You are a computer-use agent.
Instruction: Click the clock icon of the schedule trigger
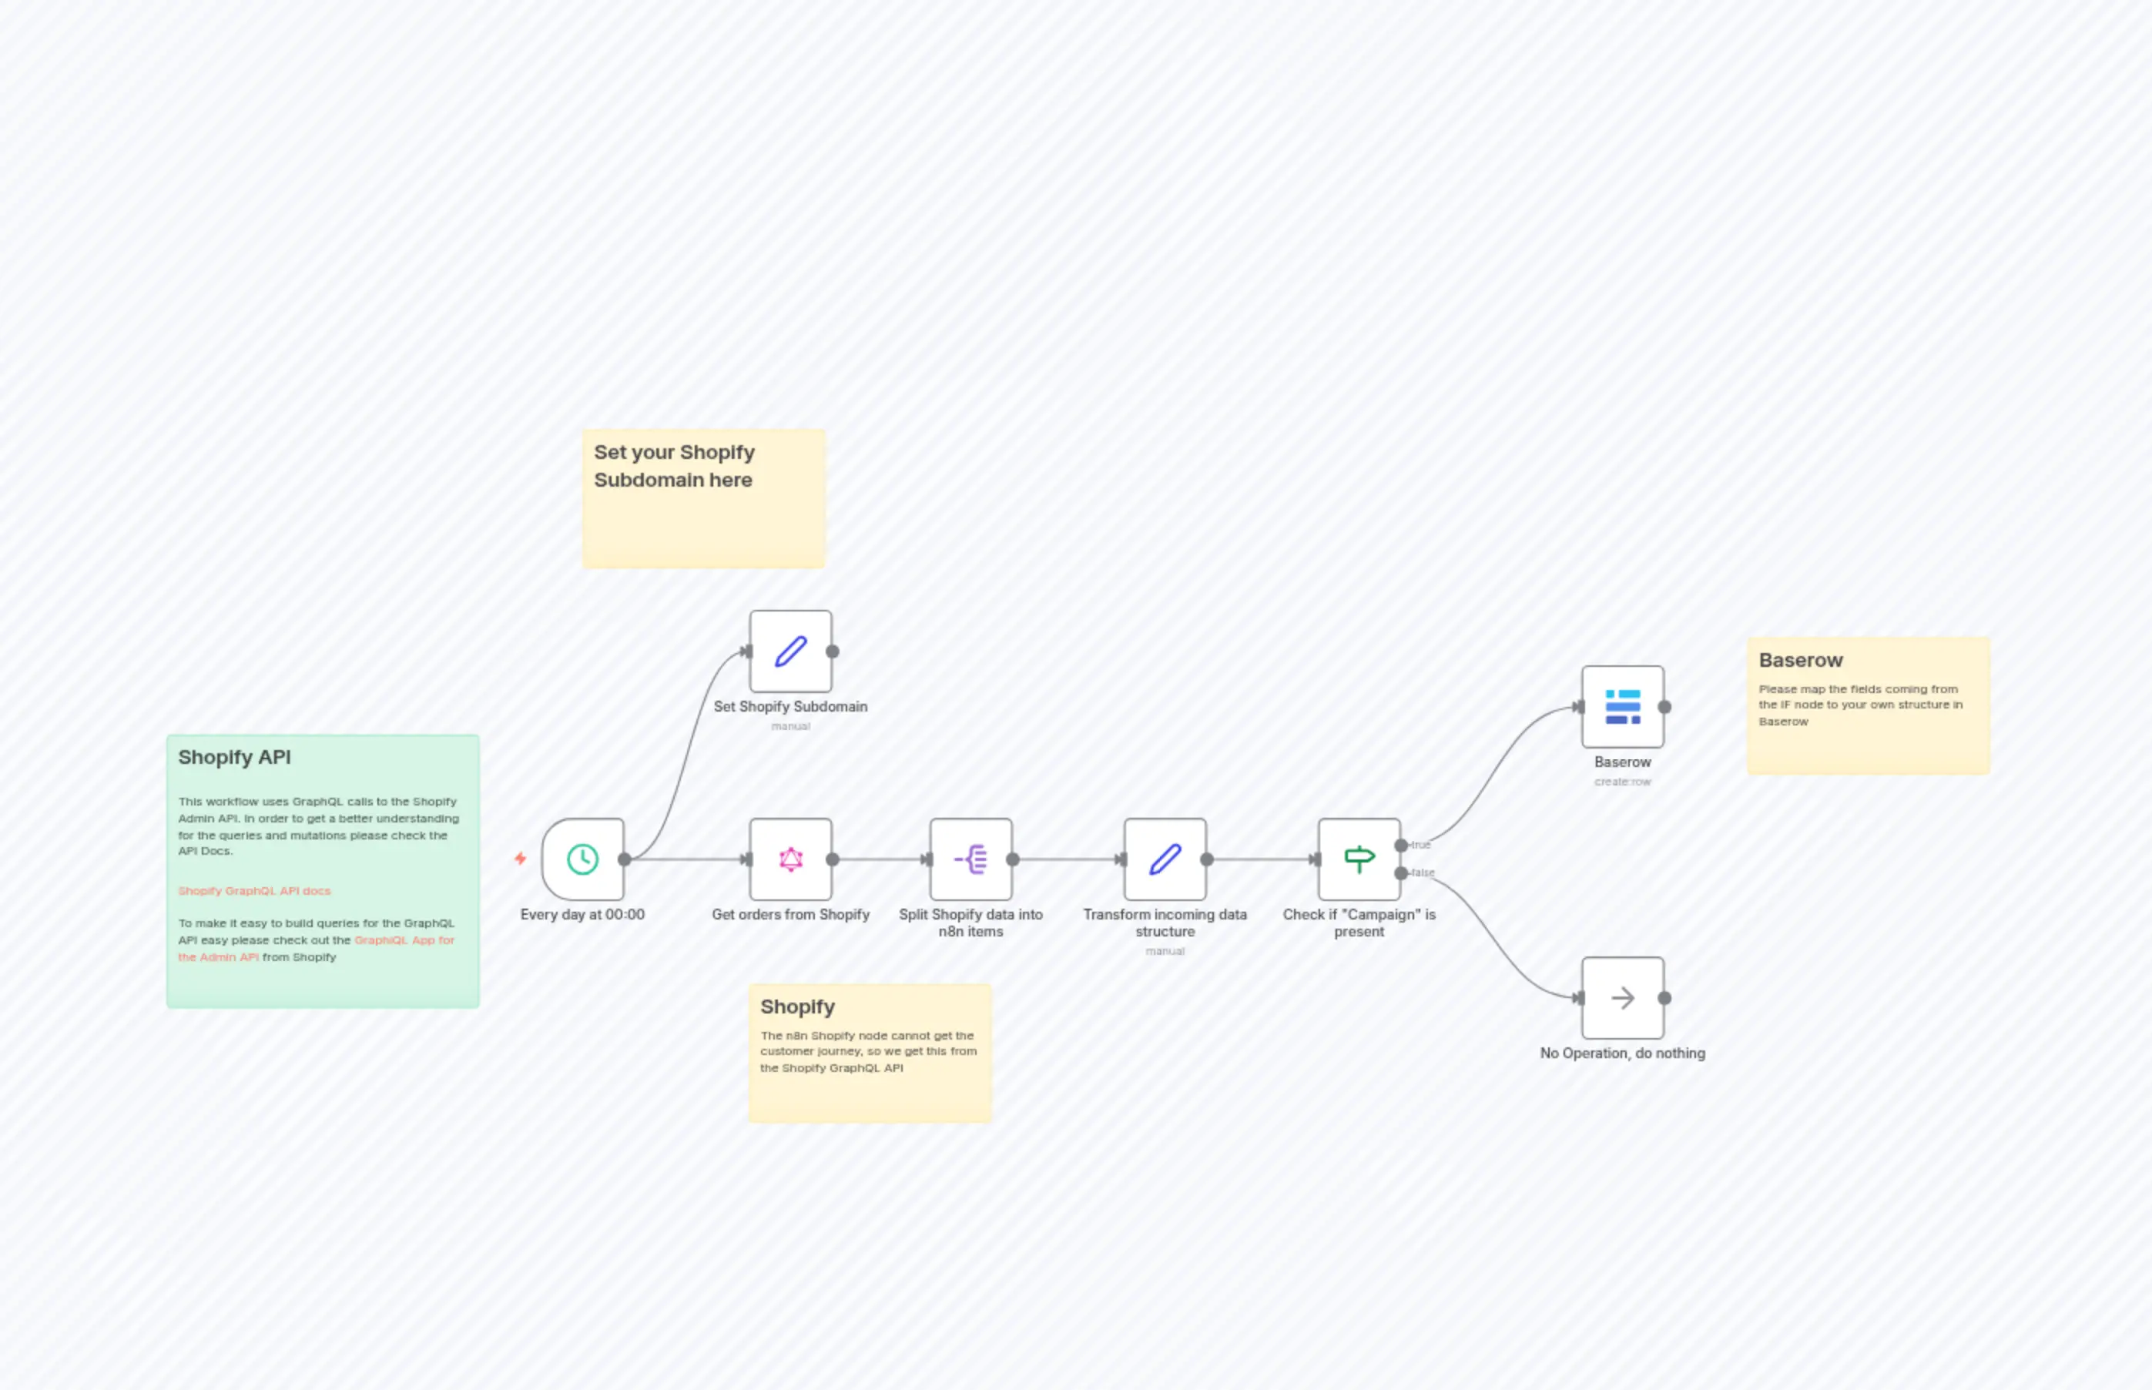point(582,859)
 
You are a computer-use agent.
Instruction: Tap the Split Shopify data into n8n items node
point(970,859)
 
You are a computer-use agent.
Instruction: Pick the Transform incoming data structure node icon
point(1165,859)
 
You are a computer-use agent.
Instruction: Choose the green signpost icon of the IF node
point(1359,859)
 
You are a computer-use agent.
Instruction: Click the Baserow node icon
point(1622,707)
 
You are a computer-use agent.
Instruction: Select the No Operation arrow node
point(1622,997)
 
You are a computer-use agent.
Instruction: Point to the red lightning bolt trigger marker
point(520,859)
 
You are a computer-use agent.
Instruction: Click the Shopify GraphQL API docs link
point(254,891)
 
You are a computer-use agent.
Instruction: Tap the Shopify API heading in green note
point(235,757)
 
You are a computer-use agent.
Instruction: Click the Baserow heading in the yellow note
point(1800,660)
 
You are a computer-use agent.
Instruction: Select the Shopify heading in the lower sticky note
point(797,1006)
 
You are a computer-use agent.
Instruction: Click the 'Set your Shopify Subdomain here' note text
point(674,466)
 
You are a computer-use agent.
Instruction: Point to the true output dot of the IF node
point(1401,846)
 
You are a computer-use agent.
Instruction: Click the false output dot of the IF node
point(1401,873)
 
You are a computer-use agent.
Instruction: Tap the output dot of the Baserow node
point(1664,707)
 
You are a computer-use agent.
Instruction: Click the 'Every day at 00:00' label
point(582,914)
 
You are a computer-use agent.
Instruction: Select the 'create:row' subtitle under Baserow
point(1622,782)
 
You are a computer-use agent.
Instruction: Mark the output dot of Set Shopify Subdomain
point(833,651)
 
